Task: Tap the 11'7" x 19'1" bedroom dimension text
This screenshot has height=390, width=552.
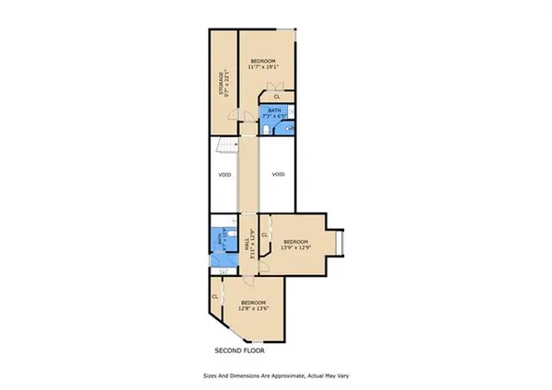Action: pos(264,67)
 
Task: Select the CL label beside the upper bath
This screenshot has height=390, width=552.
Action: pos(277,95)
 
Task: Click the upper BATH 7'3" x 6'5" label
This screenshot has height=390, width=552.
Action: pos(271,113)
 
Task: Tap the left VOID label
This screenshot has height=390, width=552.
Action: pos(224,175)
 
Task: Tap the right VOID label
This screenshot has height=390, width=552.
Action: pos(278,174)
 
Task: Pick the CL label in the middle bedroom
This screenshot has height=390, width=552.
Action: pos(264,235)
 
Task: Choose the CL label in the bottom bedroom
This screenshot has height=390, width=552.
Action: pos(214,296)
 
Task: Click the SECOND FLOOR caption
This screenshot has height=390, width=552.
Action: pos(239,350)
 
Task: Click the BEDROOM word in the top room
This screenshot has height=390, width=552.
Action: pos(264,61)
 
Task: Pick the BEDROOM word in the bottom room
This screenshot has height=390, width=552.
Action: pos(253,303)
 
